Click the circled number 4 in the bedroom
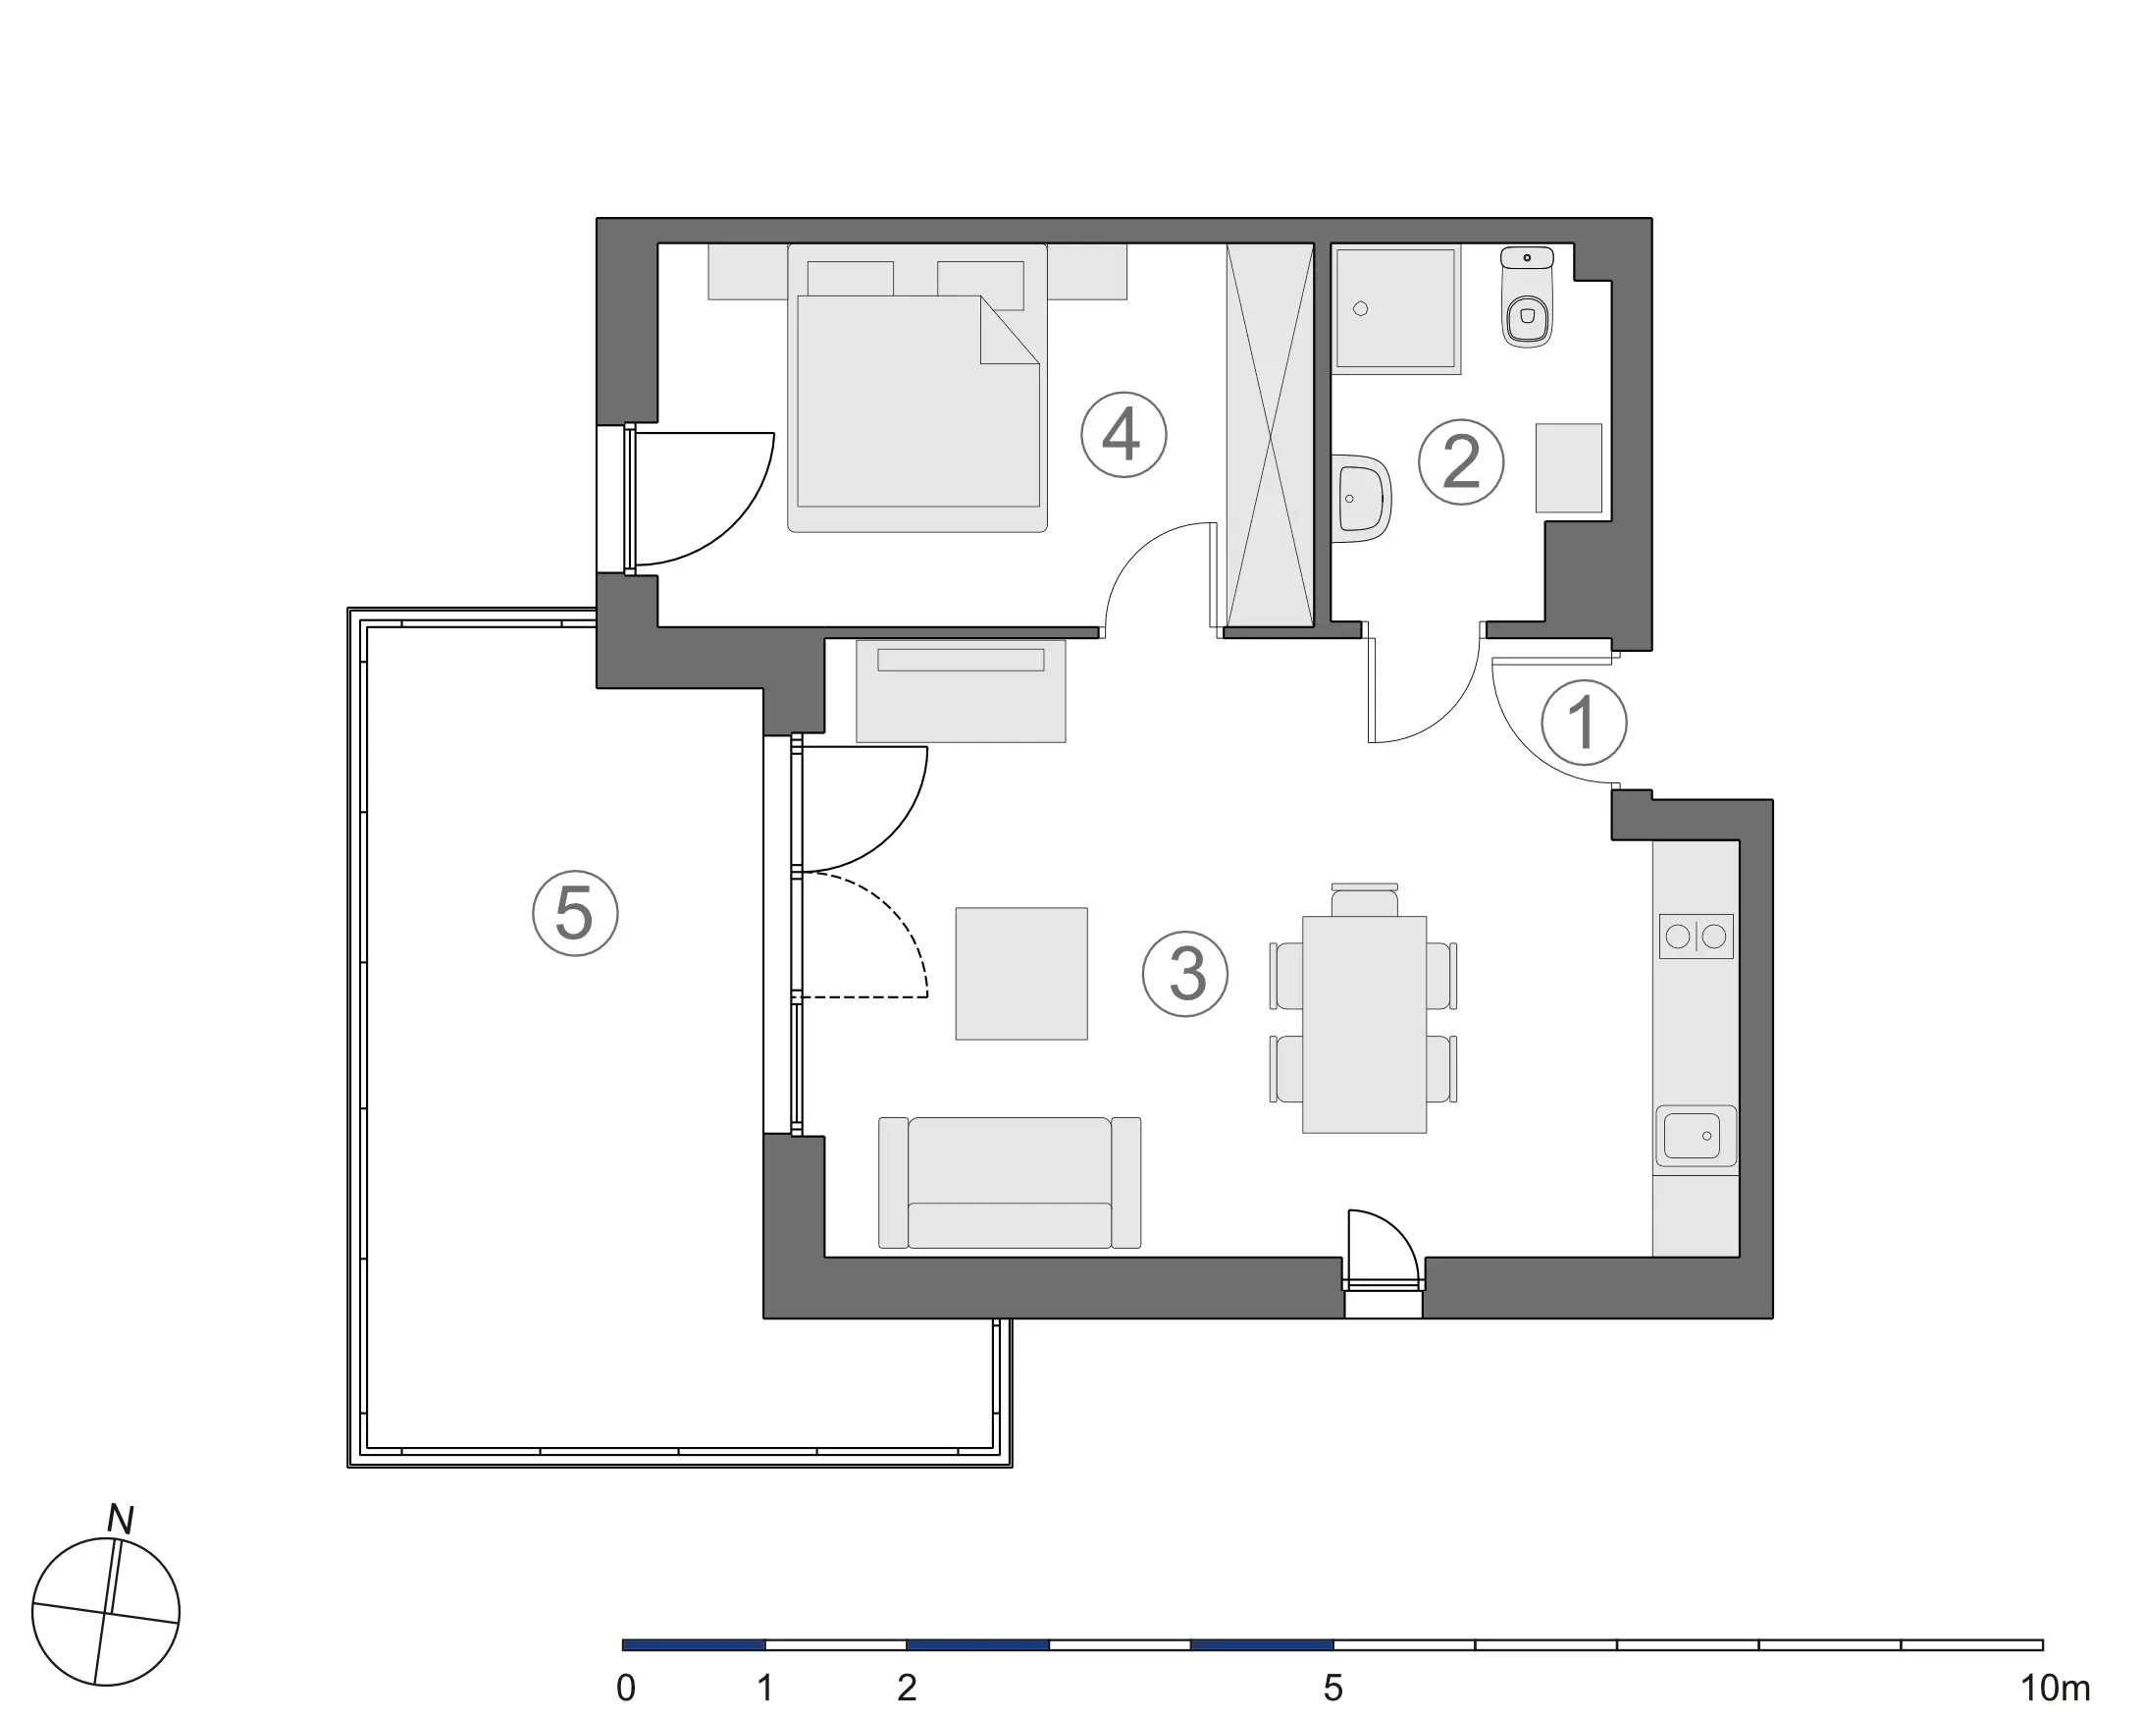(x=1124, y=435)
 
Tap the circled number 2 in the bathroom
(x=1460, y=461)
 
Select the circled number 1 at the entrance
(x=1584, y=722)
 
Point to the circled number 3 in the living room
(x=1184, y=973)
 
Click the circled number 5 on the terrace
(x=575, y=913)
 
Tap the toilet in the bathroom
(x=1527, y=296)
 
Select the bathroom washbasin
(x=1362, y=498)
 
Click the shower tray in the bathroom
(x=1396, y=309)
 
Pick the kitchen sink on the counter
(x=1696, y=1136)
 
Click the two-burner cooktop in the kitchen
(x=1696, y=937)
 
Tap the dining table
(x=1364, y=1024)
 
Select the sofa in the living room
(x=1009, y=1182)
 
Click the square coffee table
(x=1020, y=973)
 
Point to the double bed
(x=916, y=388)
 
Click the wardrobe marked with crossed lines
(x=1271, y=435)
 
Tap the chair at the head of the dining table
(x=1364, y=900)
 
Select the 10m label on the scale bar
(x=2056, y=1689)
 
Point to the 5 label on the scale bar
(x=1333, y=1689)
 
